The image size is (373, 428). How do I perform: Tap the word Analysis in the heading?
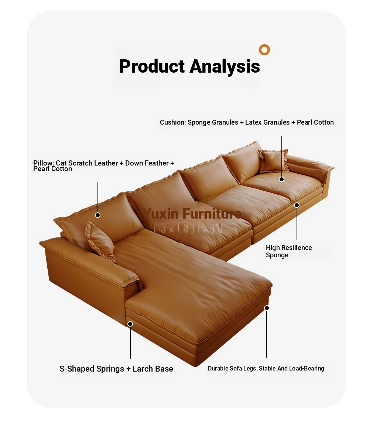[225, 66]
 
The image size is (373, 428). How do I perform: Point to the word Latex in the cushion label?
[253, 122]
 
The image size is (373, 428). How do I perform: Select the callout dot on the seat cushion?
[282, 179]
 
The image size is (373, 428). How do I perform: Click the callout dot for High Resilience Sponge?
[297, 205]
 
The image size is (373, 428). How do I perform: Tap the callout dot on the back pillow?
[97, 215]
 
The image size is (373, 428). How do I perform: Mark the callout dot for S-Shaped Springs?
[130, 324]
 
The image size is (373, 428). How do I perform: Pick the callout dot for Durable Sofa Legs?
[267, 308]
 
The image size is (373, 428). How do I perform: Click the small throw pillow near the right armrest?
[274, 161]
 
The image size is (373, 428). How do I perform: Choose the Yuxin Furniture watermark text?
[192, 213]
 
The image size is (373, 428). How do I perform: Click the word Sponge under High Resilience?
[277, 255]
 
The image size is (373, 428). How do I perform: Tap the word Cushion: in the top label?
[173, 122]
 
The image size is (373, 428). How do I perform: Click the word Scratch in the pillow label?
[81, 163]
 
